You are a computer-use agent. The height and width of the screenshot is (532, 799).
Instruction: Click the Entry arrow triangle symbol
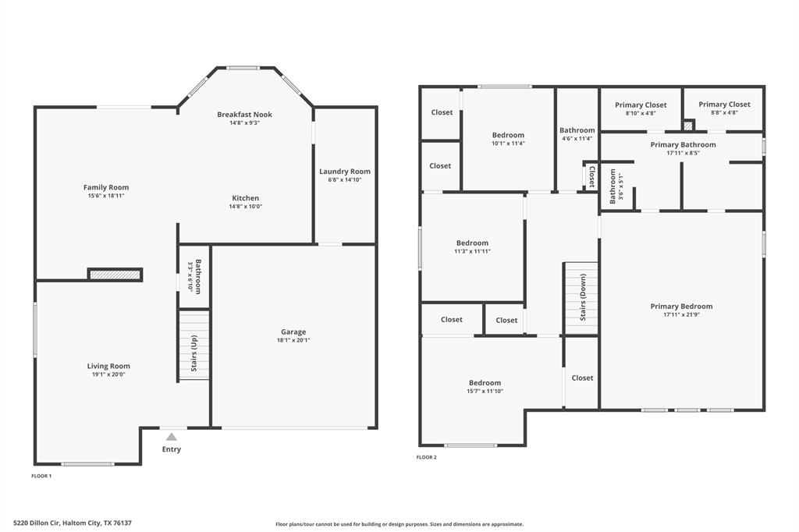pyautogui.click(x=171, y=437)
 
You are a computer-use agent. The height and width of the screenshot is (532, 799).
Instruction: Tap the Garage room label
pyautogui.click(x=293, y=332)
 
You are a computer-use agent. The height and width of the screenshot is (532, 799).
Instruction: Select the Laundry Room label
pyautogui.click(x=344, y=172)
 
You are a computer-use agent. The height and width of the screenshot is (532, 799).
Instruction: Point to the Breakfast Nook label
pyautogui.click(x=244, y=115)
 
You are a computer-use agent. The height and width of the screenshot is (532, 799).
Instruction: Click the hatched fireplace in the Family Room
pyautogui.click(x=115, y=274)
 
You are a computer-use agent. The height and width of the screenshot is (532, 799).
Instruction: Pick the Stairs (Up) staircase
pyautogui.click(x=194, y=345)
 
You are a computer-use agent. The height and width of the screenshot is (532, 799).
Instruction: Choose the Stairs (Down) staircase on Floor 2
pyautogui.click(x=581, y=298)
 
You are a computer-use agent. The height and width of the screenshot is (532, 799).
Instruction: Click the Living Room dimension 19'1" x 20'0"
pyautogui.click(x=108, y=374)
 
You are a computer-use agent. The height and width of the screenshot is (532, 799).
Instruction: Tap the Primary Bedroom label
pyautogui.click(x=681, y=307)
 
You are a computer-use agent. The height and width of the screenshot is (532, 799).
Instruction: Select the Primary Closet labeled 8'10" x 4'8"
pyautogui.click(x=641, y=113)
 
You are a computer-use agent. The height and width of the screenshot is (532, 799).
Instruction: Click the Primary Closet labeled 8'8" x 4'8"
pyautogui.click(x=724, y=113)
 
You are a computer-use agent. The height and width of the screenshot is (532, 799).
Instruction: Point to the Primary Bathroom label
pyautogui.click(x=683, y=144)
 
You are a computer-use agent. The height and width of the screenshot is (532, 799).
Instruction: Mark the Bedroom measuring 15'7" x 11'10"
pyautogui.click(x=485, y=383)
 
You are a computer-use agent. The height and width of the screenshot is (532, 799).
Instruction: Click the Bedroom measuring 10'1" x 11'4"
pyautogui.click(x=508, y=135)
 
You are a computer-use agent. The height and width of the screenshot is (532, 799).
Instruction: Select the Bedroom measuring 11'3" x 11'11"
pyautogui.click(x=472, y=243)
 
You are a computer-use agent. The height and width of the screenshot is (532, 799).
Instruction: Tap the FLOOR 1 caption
pyautogui.click(x=41, y=475)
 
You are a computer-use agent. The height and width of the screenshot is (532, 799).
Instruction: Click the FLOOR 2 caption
pyautogui.click(x=426, y=457)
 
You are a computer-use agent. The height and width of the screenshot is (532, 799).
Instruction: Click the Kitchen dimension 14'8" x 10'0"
pyautogui.click(x=245, y=207)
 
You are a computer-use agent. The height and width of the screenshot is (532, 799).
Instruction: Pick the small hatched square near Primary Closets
pyautogui.click(x=687, y=125)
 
